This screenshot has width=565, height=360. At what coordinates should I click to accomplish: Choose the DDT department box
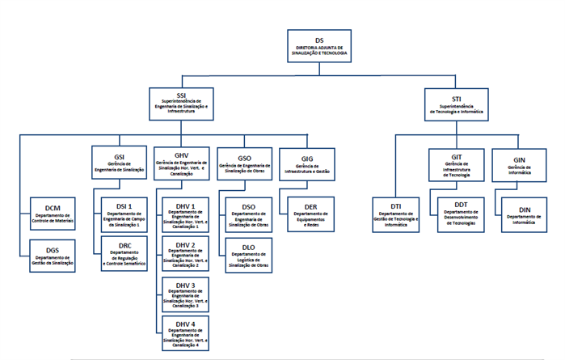[457, 214]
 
